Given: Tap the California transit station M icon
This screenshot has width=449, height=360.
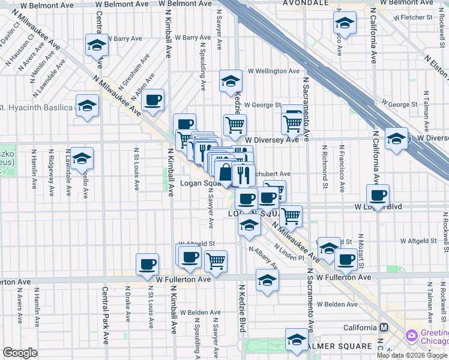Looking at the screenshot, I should coord(384,328).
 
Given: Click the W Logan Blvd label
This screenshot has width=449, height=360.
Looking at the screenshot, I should coord(379,206).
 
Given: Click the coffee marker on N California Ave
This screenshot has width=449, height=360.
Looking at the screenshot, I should coord(378,194).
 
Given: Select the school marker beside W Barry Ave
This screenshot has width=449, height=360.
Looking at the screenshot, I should coord(96,45).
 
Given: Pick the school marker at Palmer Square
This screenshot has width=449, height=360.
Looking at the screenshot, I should coord(296,339).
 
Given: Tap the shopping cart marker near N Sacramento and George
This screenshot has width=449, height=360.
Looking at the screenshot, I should coord(292,122).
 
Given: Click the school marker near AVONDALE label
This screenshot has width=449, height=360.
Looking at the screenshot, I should coord(345,23).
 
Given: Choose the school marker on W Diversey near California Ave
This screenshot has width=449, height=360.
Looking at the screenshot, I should coord(396,139).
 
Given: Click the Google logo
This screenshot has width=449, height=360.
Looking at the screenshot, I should coord(19,353).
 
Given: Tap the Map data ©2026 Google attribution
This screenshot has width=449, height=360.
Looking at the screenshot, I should coord(412,355).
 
